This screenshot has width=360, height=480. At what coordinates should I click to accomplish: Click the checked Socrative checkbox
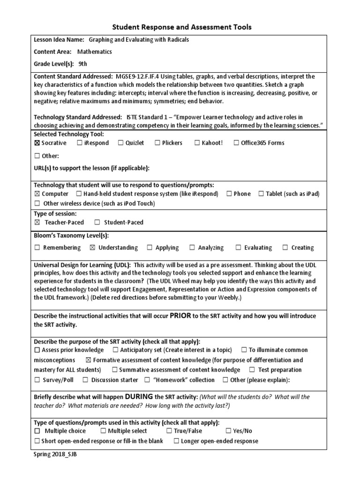37,143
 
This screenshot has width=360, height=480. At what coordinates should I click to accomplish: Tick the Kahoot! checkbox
197,143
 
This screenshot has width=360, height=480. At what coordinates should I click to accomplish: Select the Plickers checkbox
157,143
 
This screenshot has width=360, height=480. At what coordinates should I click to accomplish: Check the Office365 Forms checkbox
236,143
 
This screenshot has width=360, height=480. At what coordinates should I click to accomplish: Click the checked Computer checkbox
37,194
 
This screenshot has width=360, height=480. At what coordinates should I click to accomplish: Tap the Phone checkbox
229,194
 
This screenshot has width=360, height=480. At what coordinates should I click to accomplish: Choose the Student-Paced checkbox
97,223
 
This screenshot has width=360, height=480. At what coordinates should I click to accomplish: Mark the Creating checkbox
285,247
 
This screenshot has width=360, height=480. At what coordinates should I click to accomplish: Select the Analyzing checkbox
192,247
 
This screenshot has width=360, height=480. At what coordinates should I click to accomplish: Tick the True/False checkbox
169,431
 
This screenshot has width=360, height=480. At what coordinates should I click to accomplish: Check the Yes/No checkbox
229,431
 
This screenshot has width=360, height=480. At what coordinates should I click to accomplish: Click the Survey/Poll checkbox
37,380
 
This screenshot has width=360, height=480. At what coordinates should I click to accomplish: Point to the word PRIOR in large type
180,315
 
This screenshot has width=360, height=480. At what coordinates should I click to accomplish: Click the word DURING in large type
139,397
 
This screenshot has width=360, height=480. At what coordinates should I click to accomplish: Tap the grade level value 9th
83,64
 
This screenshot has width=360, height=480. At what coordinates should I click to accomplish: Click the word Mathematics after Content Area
94,52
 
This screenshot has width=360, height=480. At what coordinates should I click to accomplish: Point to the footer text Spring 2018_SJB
55,455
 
